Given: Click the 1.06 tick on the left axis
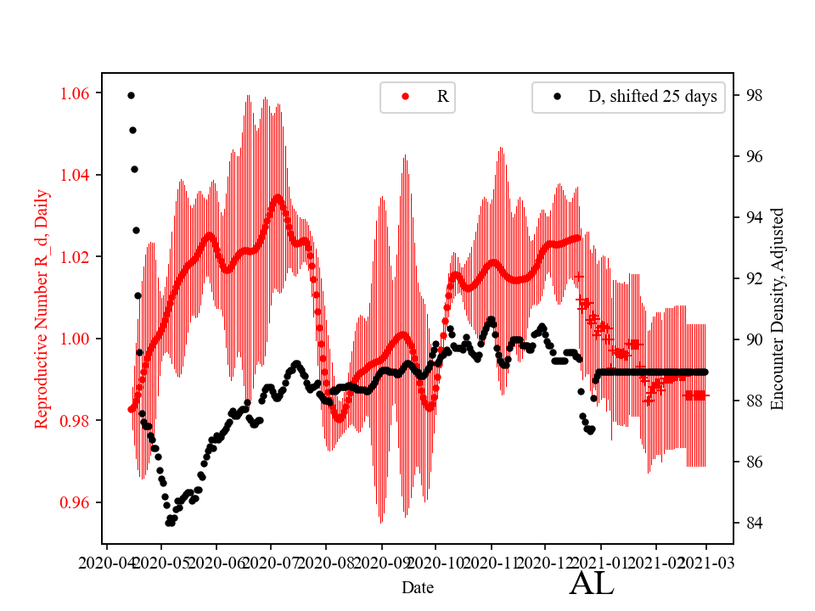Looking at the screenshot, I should pyautogui.click(x=77, y=92).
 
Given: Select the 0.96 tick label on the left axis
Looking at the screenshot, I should pyautogui.click(x=77, y=502).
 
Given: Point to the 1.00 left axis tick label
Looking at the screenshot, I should pyautogui.click(x=77, y=339).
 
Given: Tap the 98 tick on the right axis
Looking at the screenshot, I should pyautogui.click(x=750, y=95).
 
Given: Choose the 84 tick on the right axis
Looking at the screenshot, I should pyautogui.click(x=750, y=523).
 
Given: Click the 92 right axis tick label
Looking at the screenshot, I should pyautogui.click(x=750, y=278).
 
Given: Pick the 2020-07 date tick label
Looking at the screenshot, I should pyautogui.click(x=271, y=562).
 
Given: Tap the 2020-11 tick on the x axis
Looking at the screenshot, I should pyautogui.click(x=491, y=562).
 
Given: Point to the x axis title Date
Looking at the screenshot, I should pyautogui.click(x=418, y=586).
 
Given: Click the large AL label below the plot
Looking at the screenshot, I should pyautogui.click(x=591, y=584).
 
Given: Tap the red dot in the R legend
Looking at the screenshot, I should pyautogui.click(x=406, y=97).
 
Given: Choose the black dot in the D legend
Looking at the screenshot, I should pyautogui.click(x=558, y=97).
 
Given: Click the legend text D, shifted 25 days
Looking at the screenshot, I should pyautogui.click(x=652, y=97).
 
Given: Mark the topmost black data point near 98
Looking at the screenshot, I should pyautogui.click(x=131, y=95).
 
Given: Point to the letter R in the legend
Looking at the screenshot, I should pyautogui.click(x=442, y=97).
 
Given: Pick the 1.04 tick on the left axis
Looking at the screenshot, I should pyautogui.click(x=77, y=175).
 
